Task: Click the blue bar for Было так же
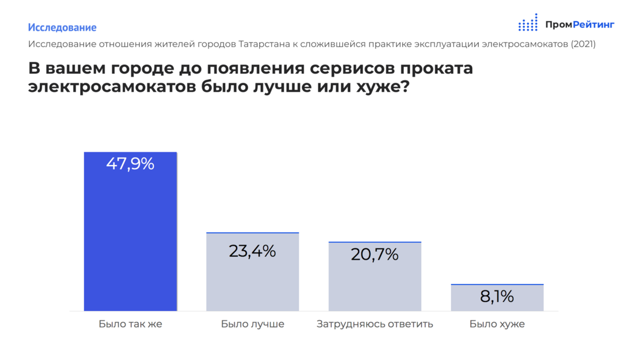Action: coord(130,242)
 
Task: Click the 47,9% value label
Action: coord(130,164)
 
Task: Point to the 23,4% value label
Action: coord(252,251)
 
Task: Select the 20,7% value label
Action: coord(375,254)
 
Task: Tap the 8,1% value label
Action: coord(497,297)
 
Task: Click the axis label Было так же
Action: coord(130,324)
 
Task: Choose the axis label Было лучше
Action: coord(252,324)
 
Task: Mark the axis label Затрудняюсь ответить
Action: coord(375,324)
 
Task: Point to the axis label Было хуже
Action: coord(497,324)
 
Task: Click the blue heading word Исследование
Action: coord(62,28)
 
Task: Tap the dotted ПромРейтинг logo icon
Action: coord(528,23)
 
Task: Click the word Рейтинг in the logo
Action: coord(594,25)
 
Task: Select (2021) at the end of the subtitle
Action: coord(583,44)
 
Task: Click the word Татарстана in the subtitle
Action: coord(264,44)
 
